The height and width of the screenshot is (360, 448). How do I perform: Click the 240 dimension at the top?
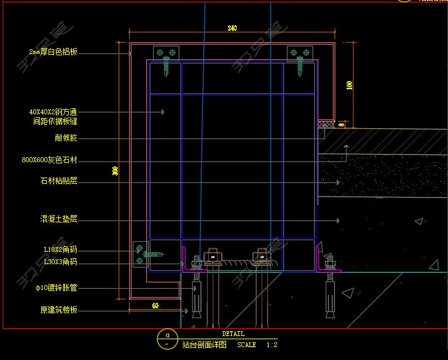pyautogui.click(x=232, y=28)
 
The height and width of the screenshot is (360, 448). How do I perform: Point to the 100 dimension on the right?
pyautogui.click(x=350, y=85)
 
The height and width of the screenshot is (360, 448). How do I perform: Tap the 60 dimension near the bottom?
pyautogui.click(x=155, y=305)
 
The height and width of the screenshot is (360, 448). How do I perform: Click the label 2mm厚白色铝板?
pyautogui.click(x=53, y=53)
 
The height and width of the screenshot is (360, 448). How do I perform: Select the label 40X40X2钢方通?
pyautogui.click(x=53, y=112)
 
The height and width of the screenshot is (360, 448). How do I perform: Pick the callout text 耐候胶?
pyautogui.click(x=66, y=138)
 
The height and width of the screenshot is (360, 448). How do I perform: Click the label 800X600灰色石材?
pyautogui.click(x=50, y=160)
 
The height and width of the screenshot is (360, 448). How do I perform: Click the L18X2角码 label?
pyautogui.click(x=61, y=250)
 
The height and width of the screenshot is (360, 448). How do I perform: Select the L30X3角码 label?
pyautogui.click(x=61, y=262)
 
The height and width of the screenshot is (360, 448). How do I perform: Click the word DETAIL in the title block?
pyautogui.click(x=233, y=334)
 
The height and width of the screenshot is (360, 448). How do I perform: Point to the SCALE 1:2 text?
pyautogui.click(x=257, y=345)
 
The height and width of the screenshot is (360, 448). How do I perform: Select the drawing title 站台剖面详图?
pyautogui.click(x=205, y=345)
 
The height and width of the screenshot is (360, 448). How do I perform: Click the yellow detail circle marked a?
pyautogui.click(x=167, y=338)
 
